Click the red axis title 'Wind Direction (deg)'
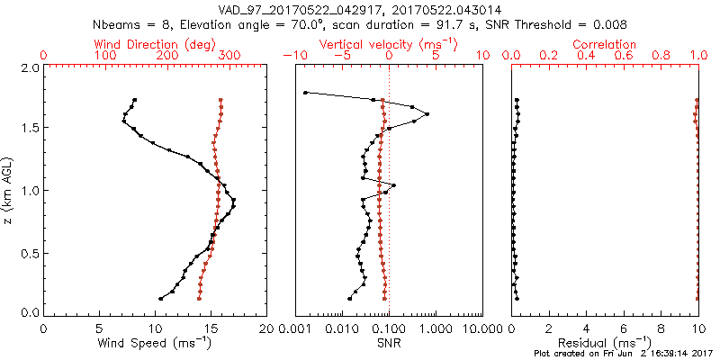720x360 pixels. [155, 43]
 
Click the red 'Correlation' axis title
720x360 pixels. [605, 43]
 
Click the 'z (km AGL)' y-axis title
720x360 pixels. [11, 190]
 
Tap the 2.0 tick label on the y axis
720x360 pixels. [30, 67]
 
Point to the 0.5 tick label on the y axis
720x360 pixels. [30, 252]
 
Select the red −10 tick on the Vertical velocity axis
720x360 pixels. [293, 56]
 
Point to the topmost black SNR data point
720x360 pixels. [306, 93]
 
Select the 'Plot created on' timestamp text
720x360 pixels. [622, 355]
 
